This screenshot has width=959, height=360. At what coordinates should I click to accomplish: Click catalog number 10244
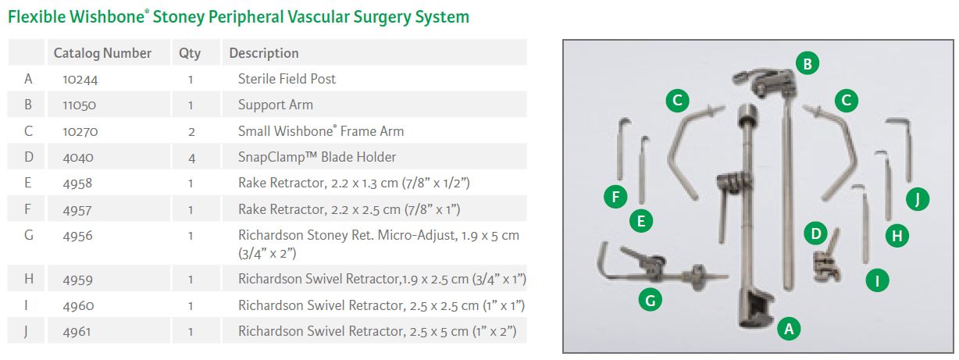(80, 79)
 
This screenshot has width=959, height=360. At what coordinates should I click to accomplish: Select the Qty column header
(190, 53)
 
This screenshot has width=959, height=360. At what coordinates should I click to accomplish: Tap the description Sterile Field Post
(287, 79)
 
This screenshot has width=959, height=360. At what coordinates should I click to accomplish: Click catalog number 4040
(78, 157)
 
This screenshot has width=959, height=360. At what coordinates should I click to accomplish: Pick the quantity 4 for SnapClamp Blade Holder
(191, 157)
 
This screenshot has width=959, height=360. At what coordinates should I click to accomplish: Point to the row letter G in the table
(29, 234)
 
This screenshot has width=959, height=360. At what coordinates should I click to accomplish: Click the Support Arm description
(275, 105)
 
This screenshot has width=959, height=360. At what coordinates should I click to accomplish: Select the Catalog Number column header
(102, 53)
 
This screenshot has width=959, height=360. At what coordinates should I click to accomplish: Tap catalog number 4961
(78, 332)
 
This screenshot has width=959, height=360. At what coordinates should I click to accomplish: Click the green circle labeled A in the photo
(789, 329)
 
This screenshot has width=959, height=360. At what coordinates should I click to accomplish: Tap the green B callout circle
(807, 63)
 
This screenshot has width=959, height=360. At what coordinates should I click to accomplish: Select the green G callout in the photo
(647, 298)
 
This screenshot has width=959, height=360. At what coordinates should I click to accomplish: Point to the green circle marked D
(815, 233)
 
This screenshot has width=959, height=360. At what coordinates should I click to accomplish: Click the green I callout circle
(878, 280)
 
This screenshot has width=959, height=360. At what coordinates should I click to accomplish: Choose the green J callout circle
(918, 199)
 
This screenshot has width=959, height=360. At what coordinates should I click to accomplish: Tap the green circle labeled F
(615, 197)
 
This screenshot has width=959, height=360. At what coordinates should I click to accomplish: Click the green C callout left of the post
(678, 100)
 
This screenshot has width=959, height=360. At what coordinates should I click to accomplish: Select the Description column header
(264, 53)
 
